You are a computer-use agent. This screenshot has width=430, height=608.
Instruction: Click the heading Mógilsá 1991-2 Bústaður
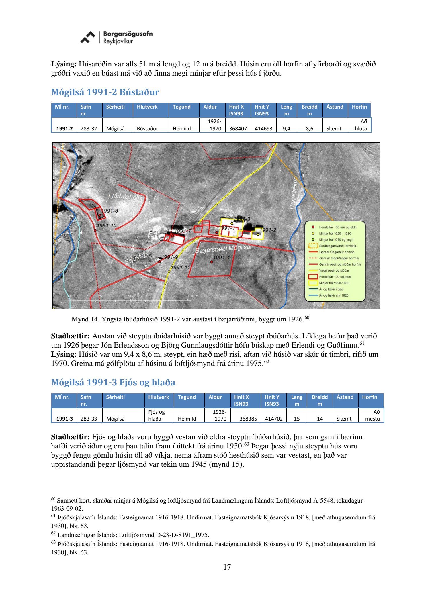[105, 92]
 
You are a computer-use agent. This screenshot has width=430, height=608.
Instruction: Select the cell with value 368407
[238, 128]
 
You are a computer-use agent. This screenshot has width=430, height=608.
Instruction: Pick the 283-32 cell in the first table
[89, 128]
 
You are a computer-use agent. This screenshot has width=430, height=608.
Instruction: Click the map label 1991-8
[110, 211]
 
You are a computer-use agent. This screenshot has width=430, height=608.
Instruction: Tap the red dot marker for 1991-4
[212, 262]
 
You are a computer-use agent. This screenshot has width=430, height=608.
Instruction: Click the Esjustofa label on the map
[137, 258]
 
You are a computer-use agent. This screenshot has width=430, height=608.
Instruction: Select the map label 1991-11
[181, 268]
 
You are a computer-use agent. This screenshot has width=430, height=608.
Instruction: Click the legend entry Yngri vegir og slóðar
[334, 270]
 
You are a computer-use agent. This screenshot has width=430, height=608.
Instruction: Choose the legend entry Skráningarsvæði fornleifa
[337, 246]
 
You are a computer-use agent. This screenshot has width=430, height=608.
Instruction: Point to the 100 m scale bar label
[193, 296]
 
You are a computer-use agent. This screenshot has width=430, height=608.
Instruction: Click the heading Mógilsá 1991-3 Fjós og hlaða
[113, 382]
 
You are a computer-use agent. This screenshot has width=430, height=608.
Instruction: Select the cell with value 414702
[273, 419]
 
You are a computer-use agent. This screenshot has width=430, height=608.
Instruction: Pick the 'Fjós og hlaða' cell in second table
[157, 415]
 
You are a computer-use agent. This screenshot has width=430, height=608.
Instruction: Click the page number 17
[227, 567]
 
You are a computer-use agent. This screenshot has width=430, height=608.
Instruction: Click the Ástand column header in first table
[335, 107]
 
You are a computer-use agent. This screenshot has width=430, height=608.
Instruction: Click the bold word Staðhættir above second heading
[71, 336]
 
